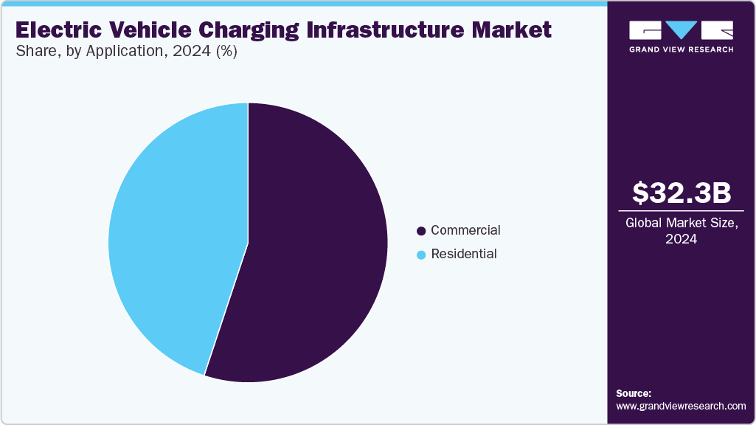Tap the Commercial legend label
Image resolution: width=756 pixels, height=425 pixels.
[x=465, y=230]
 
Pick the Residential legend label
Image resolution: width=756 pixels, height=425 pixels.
[x=464, y=254]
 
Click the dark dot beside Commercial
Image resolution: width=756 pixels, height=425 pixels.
[x=421, y=231]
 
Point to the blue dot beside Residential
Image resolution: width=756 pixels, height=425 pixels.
[x=421, y=255]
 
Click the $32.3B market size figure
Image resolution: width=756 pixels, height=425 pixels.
[x=682, y=193]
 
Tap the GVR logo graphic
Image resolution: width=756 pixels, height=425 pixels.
[x=681, y=30]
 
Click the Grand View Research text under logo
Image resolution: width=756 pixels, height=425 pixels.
[x=681, y=49]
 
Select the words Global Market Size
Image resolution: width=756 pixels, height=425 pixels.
[x=681, y=223]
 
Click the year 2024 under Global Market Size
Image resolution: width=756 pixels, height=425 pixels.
[x=681, y=239]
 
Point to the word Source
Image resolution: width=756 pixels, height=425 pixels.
[x=634, y=393]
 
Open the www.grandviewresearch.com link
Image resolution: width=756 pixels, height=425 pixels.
[x=681, y=406]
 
